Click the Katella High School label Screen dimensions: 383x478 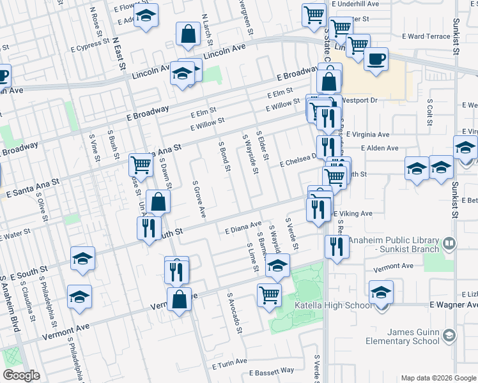tap(332, 306)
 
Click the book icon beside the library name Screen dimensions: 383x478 tap(449, 243)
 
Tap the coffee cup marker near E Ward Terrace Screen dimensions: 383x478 tap(376, 59)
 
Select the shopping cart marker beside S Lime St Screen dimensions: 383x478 tap(269, 295)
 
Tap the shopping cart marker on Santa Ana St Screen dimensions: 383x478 tap(141, 165)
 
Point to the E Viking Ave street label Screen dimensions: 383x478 tap(351, 214)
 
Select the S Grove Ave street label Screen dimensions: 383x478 tap(199, 199)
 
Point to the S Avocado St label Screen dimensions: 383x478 tap(234, 313)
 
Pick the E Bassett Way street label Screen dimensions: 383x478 tap(272, 370)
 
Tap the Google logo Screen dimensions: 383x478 tap(22, 375)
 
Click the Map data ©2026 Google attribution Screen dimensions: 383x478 tap(438, 378)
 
